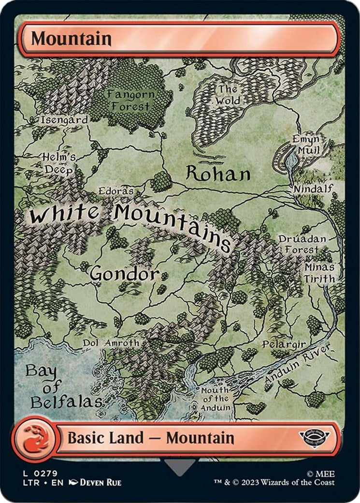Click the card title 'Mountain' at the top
point(72,39)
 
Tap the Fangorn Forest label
point(131,99)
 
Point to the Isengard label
point(64,119)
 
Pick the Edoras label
point(116,191)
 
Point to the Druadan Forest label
point(302,244)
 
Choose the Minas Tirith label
point(319,273)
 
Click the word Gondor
point(124,274)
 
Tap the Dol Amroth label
point(111,342)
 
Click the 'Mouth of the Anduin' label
point(215,399)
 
